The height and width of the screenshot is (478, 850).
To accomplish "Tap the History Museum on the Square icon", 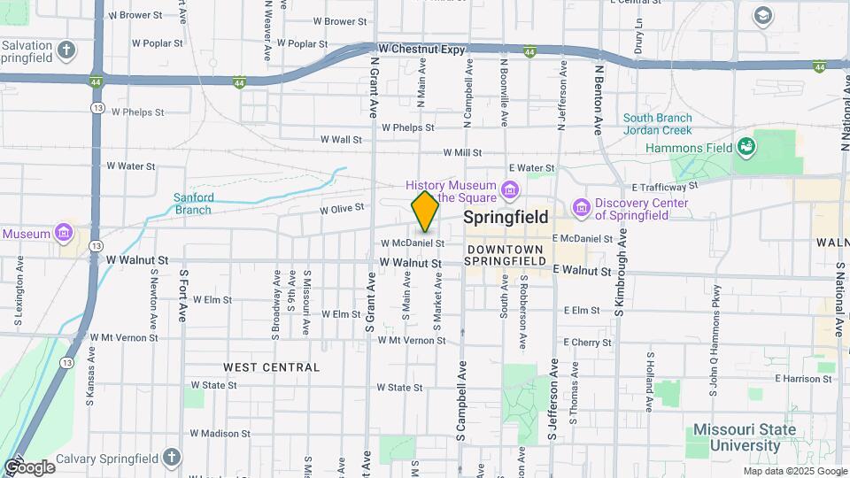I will click(509, 189).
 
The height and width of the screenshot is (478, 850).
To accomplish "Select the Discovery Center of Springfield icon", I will click(582, 206).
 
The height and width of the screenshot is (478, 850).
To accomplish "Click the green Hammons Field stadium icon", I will click(746, 145).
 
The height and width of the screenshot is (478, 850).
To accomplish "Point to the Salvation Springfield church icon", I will click(67, 50).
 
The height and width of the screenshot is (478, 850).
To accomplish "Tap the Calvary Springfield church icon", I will click(172, 458).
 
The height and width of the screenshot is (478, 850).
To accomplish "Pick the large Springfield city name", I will click(506, 217).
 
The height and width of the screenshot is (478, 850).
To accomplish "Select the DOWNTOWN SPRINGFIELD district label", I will click(506, 256).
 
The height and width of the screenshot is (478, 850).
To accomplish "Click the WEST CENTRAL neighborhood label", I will click(271, 366).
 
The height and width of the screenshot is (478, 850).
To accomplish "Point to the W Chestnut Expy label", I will click(421, 50).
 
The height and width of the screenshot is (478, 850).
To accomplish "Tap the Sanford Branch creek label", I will click(192, 204).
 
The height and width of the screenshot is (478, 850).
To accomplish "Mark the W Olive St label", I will click(342, 209).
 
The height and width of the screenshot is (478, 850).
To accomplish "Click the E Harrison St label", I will click(804, 379).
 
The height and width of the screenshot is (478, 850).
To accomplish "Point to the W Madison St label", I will click(221, 434).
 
